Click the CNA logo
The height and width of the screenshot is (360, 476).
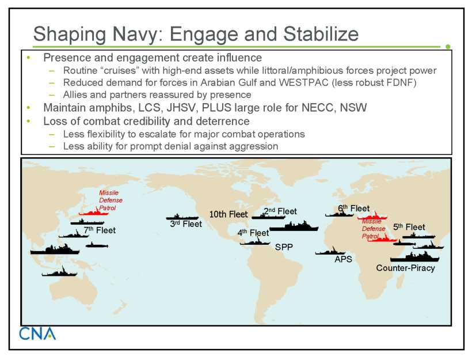(37, 334)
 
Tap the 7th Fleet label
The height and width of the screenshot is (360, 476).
(100, 230)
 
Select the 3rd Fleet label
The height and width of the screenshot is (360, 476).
(186, 224)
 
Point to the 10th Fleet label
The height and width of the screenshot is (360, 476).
(229, 214)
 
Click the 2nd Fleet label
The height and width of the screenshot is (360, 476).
(280, 211)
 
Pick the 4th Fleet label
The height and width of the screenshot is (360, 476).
(253, 233)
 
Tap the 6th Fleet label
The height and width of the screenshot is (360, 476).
(353, 209)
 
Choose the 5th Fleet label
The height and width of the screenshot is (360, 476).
(409, 227)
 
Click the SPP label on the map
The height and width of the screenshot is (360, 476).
(284, 247)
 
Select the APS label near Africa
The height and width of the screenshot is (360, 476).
(344, 259)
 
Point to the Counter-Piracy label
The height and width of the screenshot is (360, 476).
(406, 268)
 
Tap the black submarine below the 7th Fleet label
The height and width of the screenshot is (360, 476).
(97, 245)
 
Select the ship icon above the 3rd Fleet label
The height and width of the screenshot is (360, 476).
(182, 217)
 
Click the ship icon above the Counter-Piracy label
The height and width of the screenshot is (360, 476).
(414, 257)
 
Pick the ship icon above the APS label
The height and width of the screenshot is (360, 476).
(330, 251)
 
